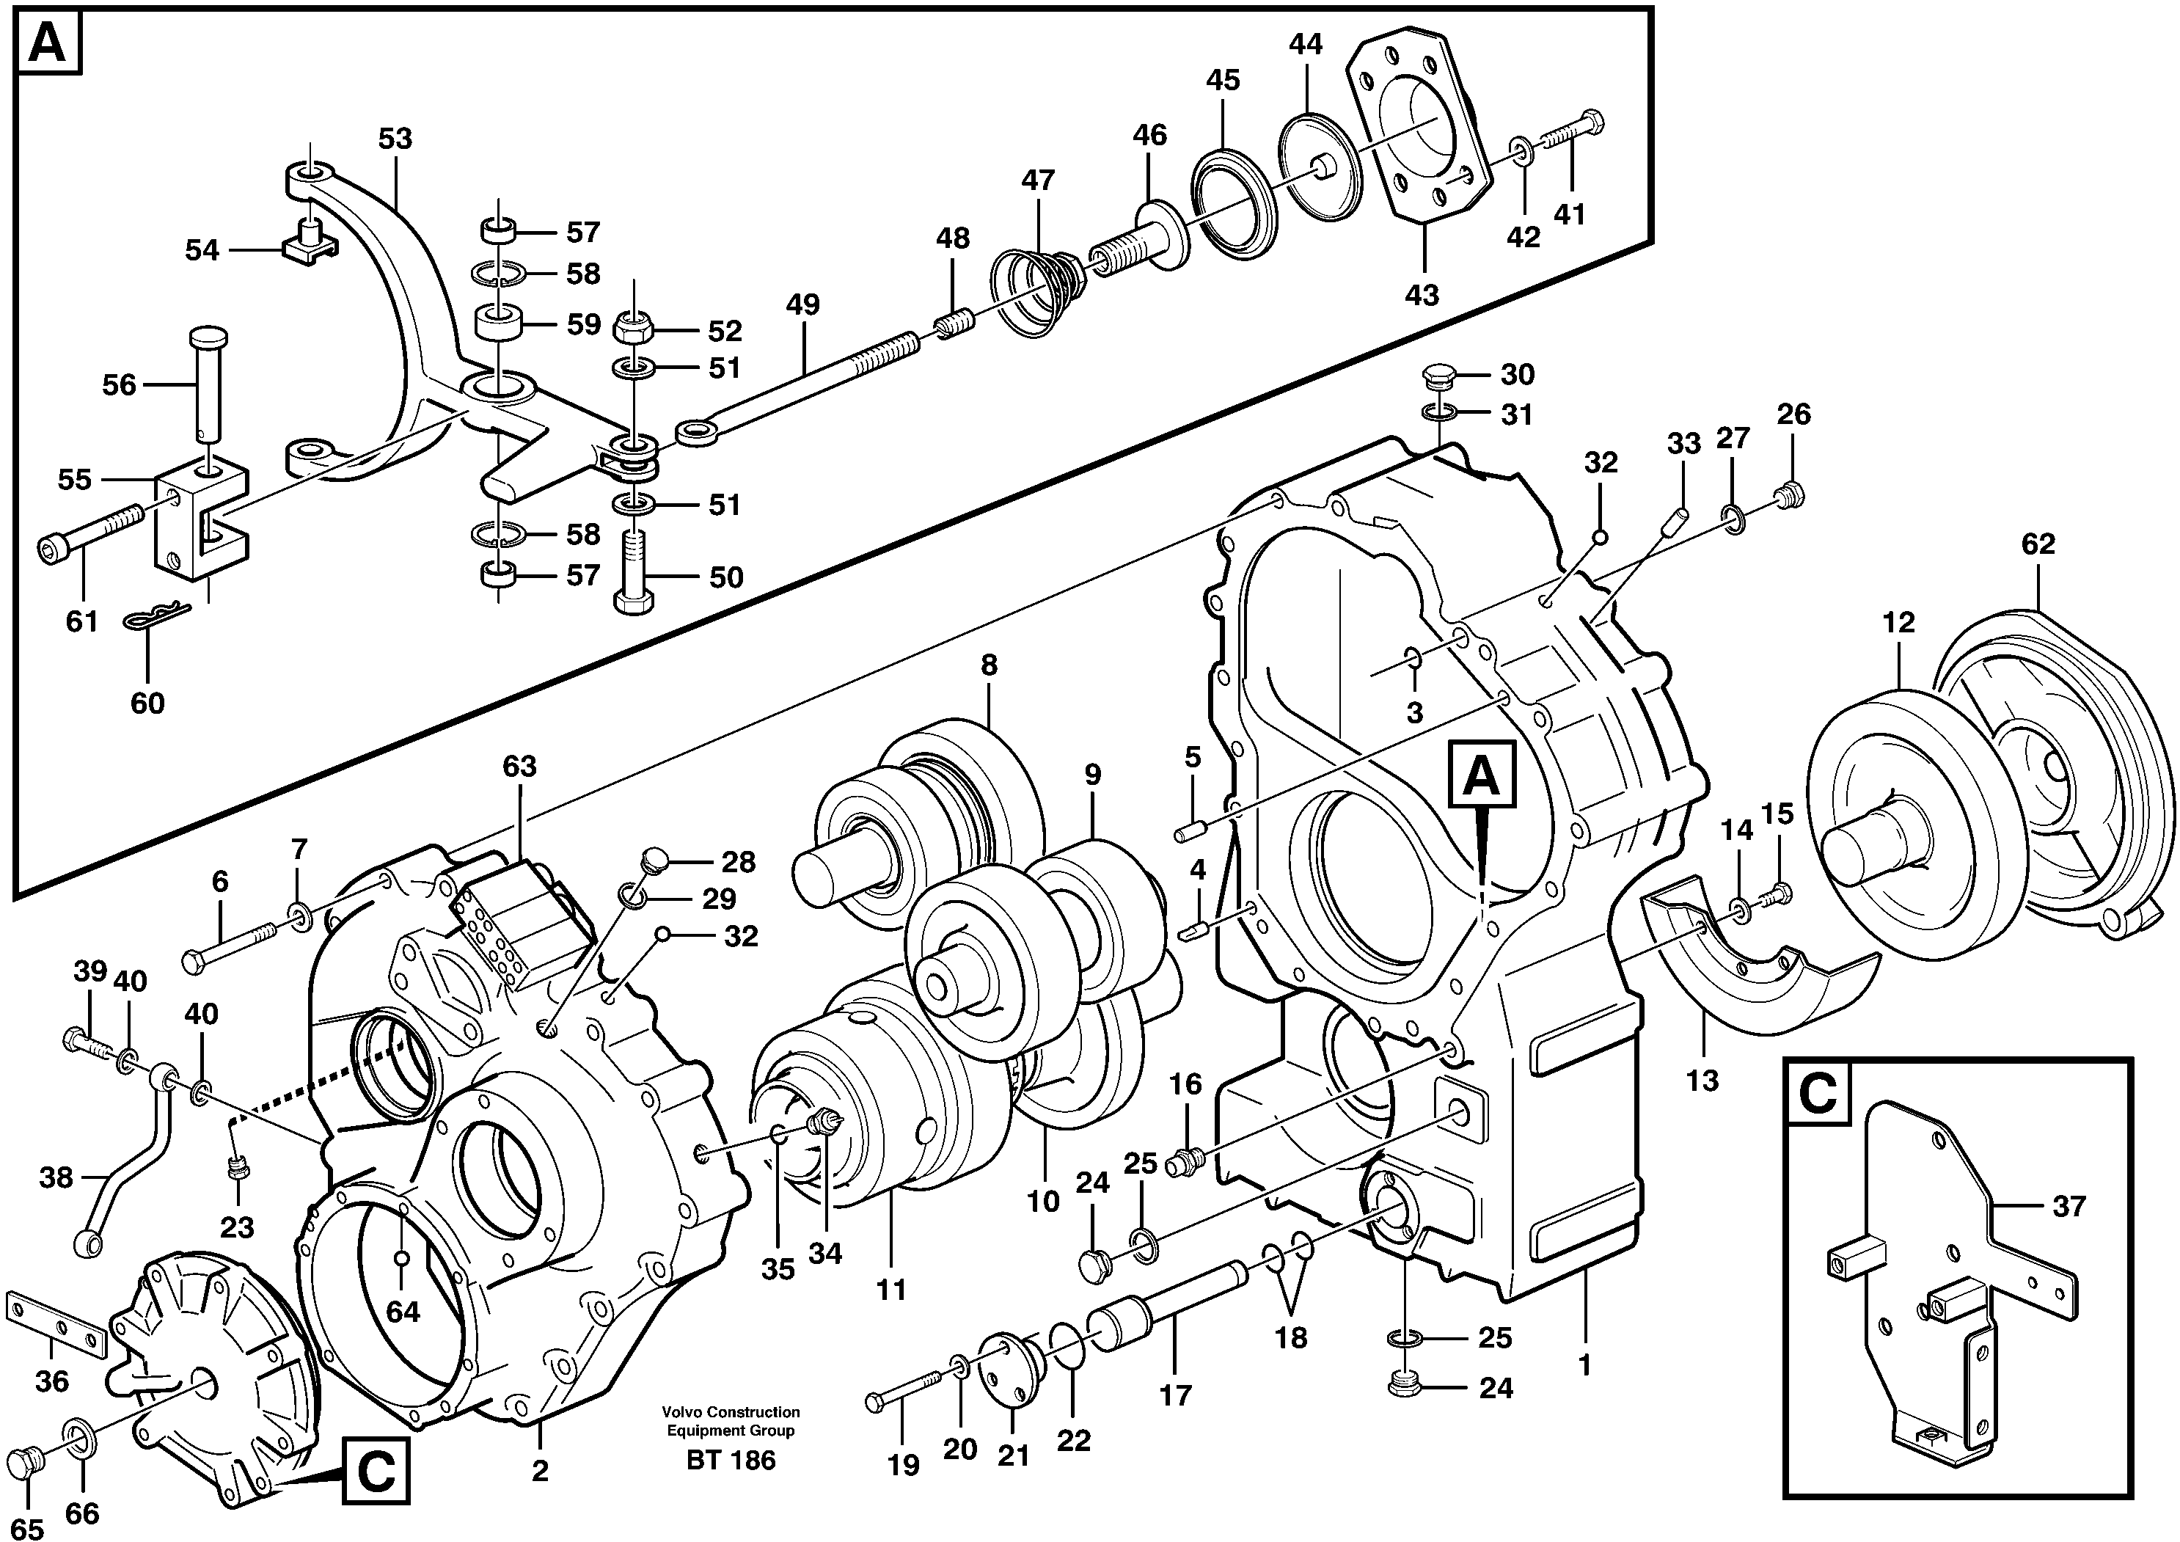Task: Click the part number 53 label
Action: tap(395, 139)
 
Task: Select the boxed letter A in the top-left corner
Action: tap(48, 44)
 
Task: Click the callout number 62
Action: tap(2038, 544)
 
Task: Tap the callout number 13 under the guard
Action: tap(1702, 1080)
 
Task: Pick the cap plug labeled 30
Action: tap(1435, 376)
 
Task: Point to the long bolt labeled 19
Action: tap(902, 1401)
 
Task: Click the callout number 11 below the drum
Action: tap(890, 1290)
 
